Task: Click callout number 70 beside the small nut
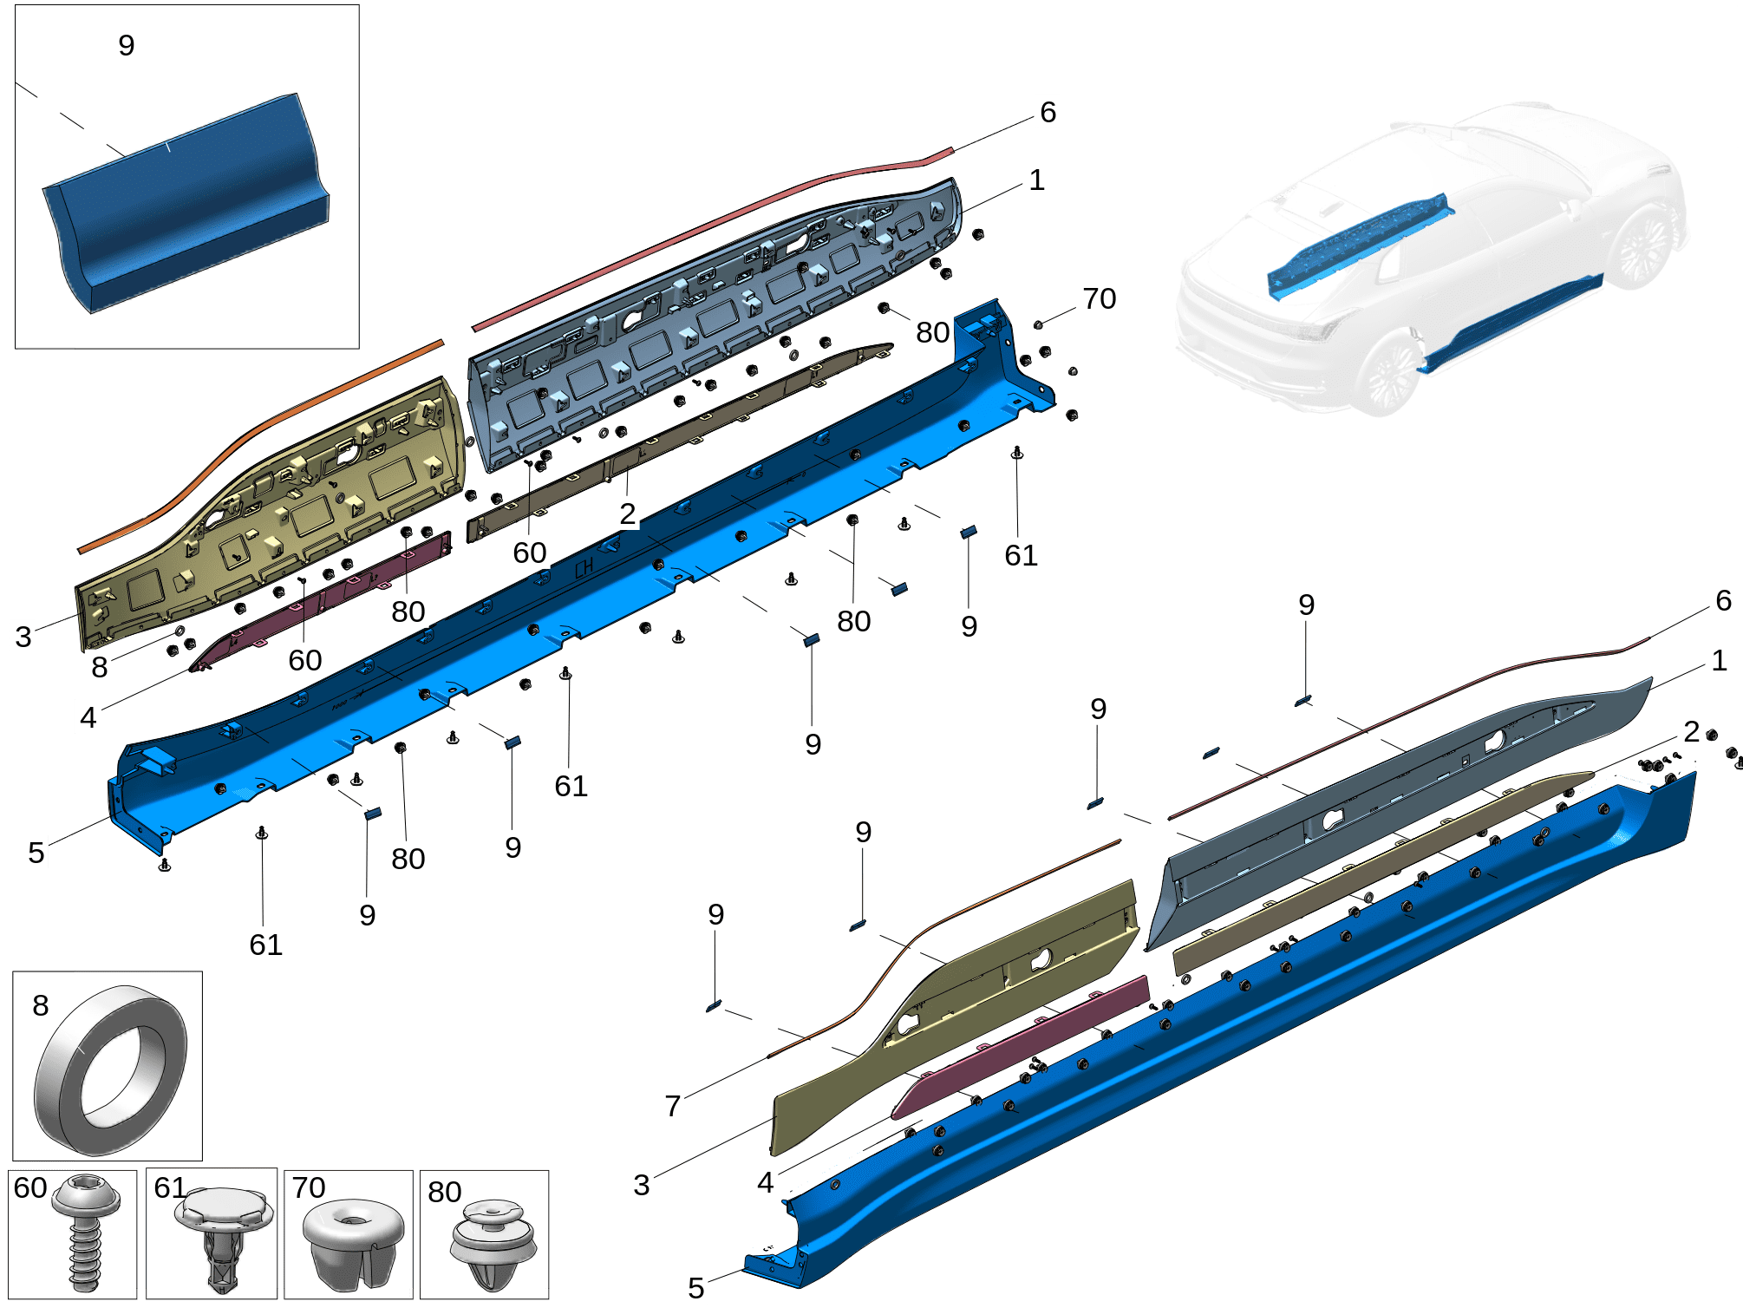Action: [x=1099, y=299]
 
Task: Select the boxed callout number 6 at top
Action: [x=1048, y=112]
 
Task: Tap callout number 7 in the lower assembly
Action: [x=672, y=1106]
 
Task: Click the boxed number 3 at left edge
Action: [x=23, y=636]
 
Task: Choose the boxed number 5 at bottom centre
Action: [x=695, y=1288]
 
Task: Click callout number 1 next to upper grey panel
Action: [x=1036, y=180]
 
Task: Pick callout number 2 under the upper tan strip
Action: [x=627, y=513]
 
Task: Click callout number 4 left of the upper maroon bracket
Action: [x=88, y=717]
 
